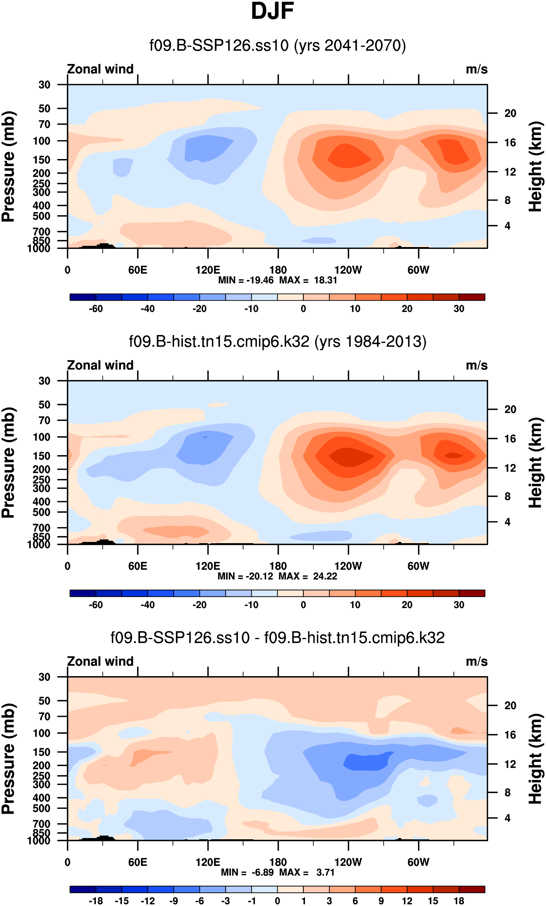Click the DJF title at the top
point(272,11)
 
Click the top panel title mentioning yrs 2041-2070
point(277,46)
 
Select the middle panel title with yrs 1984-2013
point(277,342)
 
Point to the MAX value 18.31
point(325,280)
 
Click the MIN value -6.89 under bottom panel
point(262,872)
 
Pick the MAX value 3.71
point(325,872)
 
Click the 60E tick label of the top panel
point(138,270)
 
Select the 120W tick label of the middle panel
point(348,566)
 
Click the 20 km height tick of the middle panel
point(510,409)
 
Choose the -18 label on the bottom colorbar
point(96,901)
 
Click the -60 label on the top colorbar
point(96,309)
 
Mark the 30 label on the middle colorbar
point(459,605)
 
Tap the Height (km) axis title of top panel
point(535,166)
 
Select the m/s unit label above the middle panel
point(477,366)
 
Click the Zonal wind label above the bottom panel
point(100,661)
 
